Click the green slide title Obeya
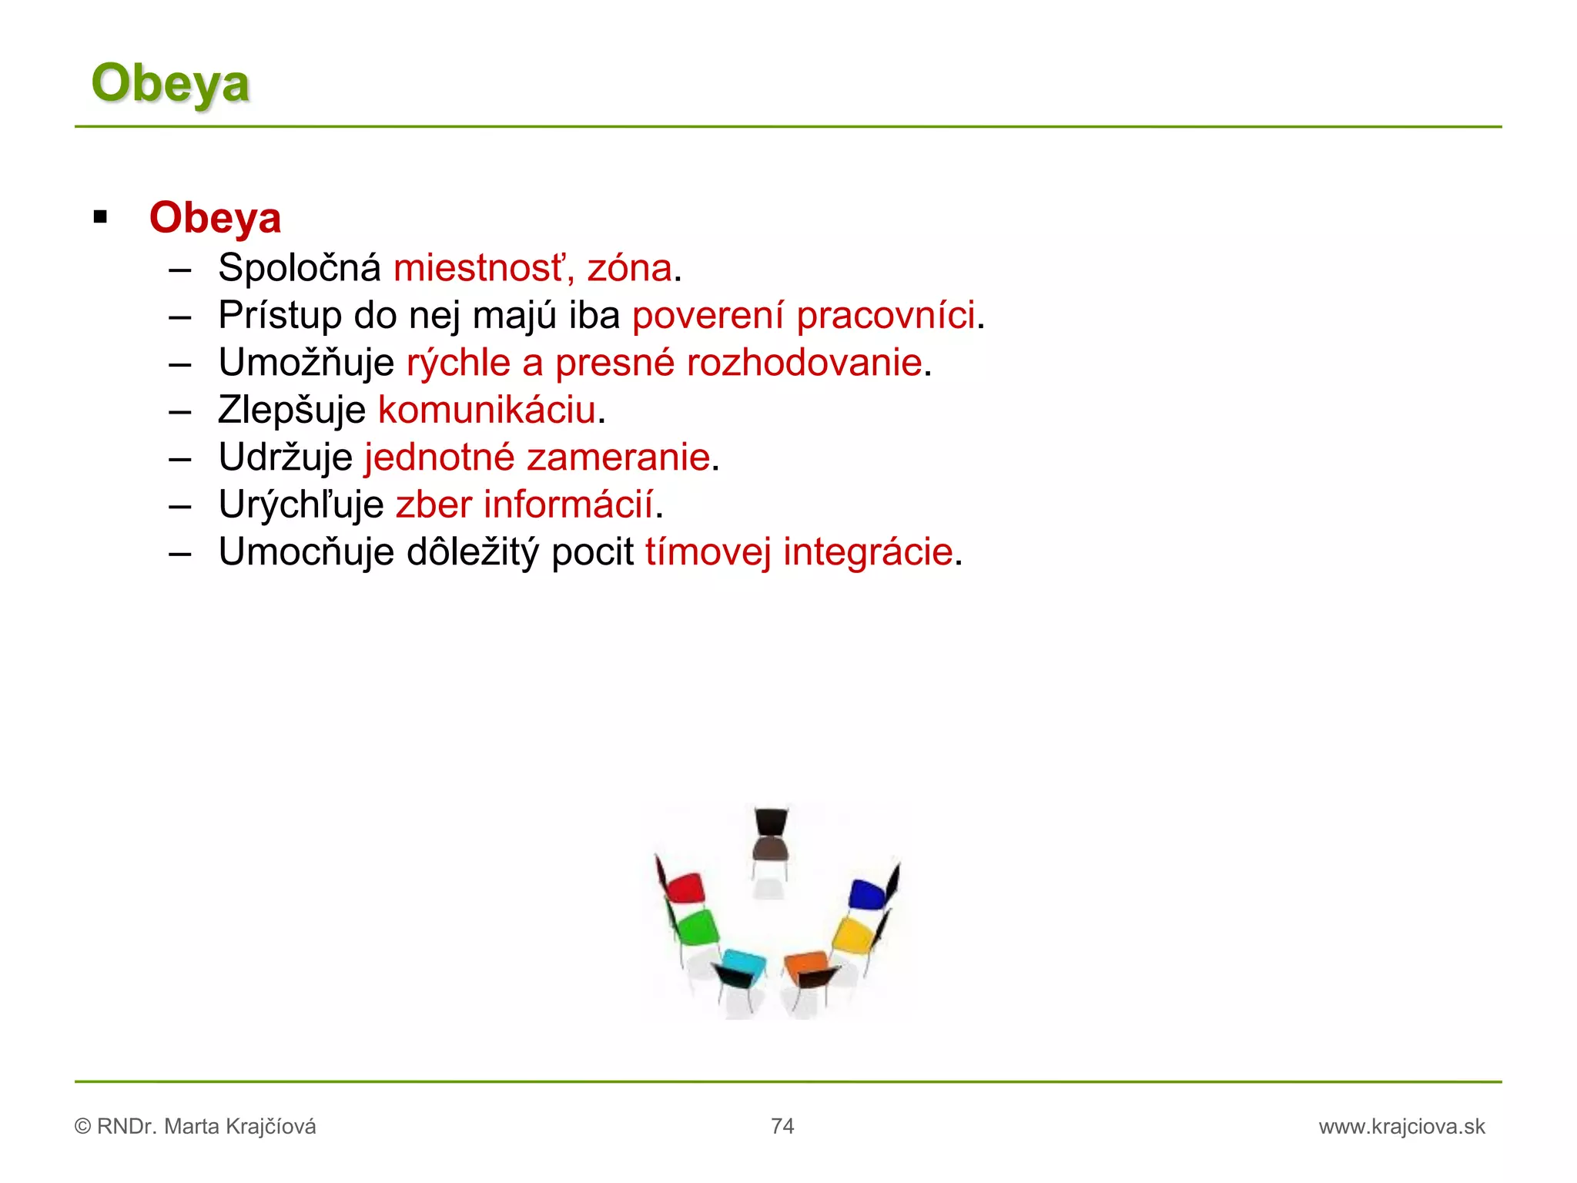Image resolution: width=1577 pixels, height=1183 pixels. point(170,83)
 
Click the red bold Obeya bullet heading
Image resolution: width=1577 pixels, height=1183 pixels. point(215,218)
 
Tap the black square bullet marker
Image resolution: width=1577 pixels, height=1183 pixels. point(100,217)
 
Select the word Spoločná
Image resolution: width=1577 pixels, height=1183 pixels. point(299,268)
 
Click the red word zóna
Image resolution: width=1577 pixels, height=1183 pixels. point(629,268)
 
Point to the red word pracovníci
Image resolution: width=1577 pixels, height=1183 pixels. point(886,316)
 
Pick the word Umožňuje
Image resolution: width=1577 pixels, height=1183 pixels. point(306,363)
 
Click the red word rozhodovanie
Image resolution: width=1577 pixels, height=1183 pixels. point(804,363)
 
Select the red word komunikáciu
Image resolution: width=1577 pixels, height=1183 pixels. point(487,410)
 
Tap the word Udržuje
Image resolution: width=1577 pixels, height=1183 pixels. point(285,457)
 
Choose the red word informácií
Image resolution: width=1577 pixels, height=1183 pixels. point(568,504)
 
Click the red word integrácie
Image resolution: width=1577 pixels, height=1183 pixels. point(868,552)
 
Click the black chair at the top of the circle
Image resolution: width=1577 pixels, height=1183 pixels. point(770,836)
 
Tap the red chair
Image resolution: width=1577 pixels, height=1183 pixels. point(684,888)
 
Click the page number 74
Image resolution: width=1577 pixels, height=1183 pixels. point(782,1126)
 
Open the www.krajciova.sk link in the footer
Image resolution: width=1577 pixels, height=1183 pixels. point(1401,1127)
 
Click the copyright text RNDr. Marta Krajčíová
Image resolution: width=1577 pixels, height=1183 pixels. point(206,1127)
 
